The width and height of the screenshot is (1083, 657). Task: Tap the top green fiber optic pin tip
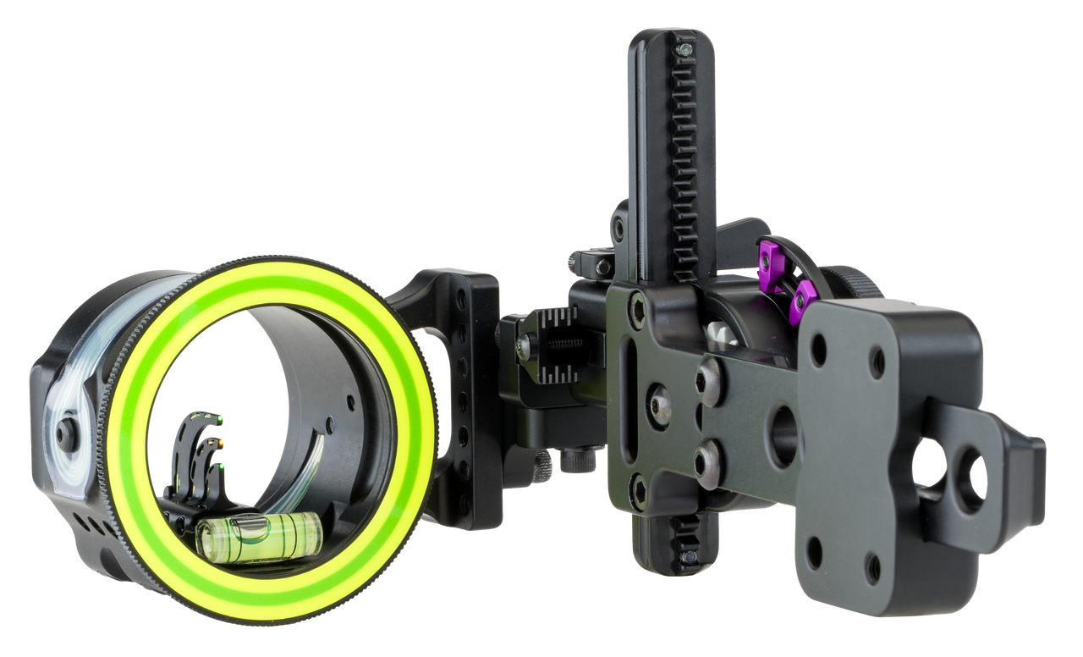pyautogui.click(x=219, y=417)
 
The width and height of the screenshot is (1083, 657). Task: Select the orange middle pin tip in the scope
pyautogui.click(x=222, y=441)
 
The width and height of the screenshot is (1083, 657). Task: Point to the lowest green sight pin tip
pyautogui.click(x=221, y=465)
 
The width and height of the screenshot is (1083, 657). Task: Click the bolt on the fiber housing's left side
pyautogui.click(x=64, y=433)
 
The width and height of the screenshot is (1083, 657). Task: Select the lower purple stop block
pyautogui.click(x=800, y=304)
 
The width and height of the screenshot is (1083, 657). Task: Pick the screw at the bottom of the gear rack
pyautogui.click(x=690, y=557)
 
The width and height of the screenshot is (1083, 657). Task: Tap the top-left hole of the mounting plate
pyautogui.click(x=818, y=350)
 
